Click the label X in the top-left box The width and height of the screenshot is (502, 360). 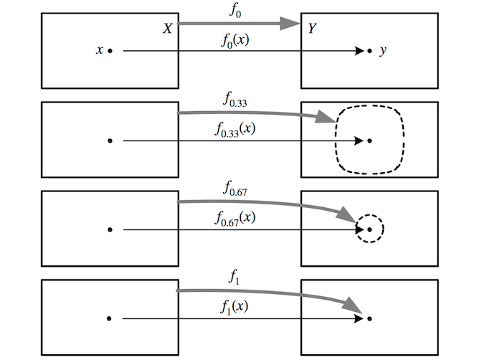pos(166,29)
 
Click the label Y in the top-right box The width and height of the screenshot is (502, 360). pos(312,29)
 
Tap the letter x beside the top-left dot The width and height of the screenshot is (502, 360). pos(99,51)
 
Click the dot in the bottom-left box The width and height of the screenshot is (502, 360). pos(110,318)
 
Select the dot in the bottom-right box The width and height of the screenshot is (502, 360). pos(369,318)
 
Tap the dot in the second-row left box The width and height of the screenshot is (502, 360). pos(110,141)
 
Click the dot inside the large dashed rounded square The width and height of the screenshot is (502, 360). pos(369,141)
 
